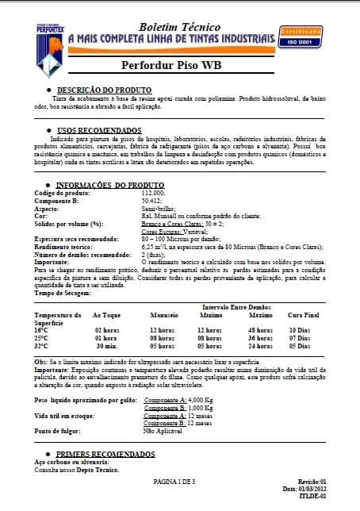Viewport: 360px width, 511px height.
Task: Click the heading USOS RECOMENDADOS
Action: [x=99, y=130]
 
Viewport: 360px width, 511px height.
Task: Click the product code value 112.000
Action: [x=153, y=194]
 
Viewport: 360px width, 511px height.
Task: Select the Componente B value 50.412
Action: [x=151, y=201]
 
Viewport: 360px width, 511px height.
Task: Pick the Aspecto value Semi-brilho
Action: [x=157, y=208]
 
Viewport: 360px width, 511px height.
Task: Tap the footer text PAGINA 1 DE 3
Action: [x=178, y=482]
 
